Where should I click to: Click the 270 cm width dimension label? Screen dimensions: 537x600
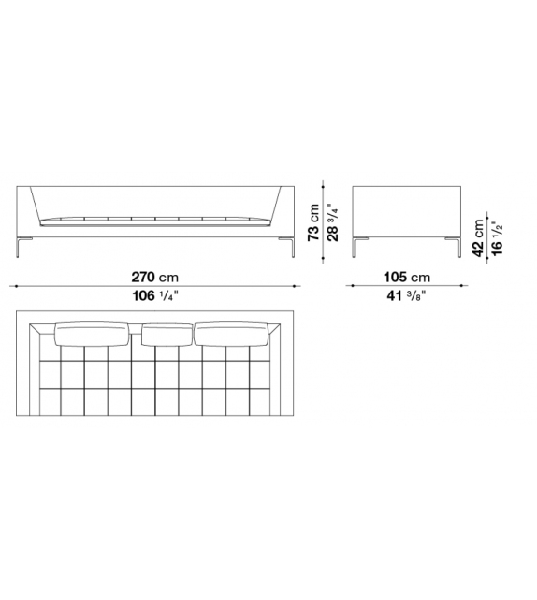(154, 277)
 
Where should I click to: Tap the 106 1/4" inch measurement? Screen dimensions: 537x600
(155, 295)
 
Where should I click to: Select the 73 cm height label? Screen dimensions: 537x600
(313, 221)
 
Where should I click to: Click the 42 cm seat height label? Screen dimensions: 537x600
(478, 237)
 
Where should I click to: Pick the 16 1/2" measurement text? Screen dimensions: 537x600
(497, 237)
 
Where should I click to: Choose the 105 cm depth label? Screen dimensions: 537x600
(407, 277)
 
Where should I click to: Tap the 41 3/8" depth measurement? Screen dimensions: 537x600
(406, 295)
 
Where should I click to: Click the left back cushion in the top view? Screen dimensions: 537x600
(92, 334)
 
